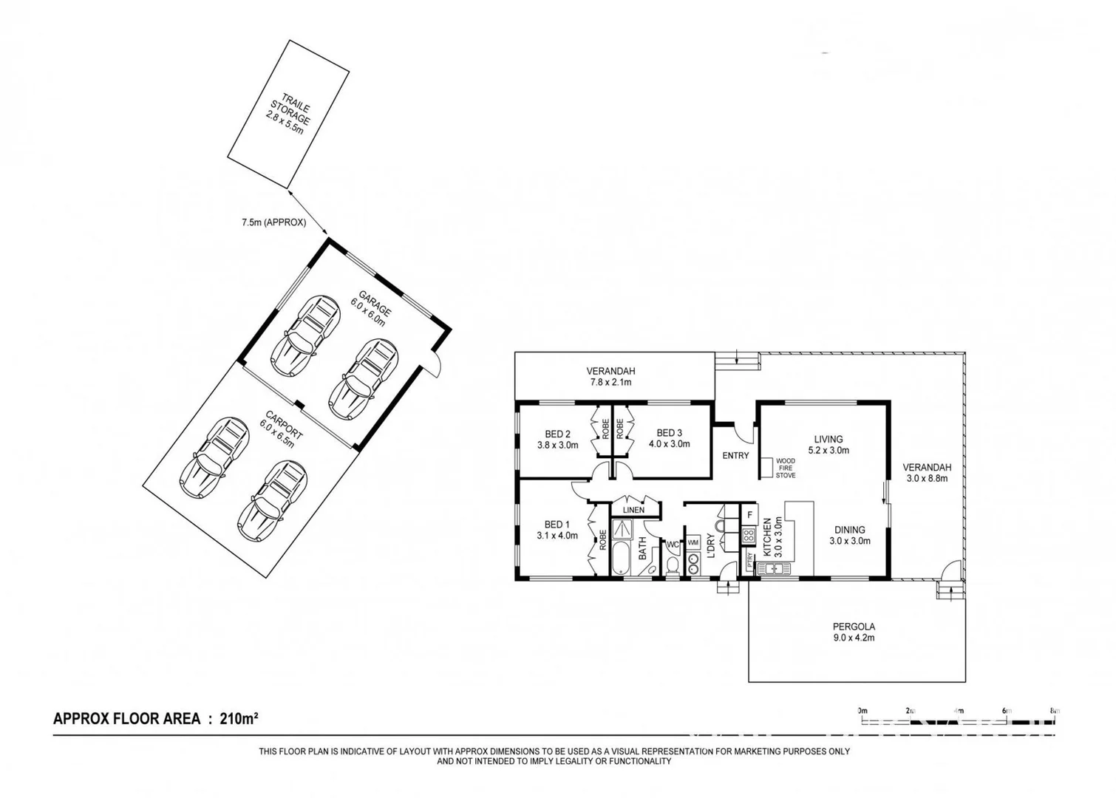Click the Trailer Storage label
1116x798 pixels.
pyautogui.click(x=287, y=115)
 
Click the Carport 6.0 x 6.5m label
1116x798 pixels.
pyautogui.click(x=279, y=429)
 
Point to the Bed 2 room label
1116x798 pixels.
pyautogui.click(x=557, y=439)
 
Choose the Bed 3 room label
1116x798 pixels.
pyautogui.click(x=669, y=438)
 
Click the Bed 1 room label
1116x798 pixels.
pyautogui.click(x=557, y=530)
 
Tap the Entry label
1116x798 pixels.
pyautogui.click(x=735, y=456)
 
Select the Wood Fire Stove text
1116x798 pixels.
pyautogui.click(x=785, y=468)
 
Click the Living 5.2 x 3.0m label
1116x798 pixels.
pyautogui.click(x=829, y=444)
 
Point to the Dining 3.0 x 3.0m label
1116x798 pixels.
pyautogui.click(x=850, y=535)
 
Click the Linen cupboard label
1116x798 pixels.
pyautogui.click(x=633, y=510)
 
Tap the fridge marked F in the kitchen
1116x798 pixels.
pyautogui.click(x=749, y=514)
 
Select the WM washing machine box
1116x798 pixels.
pyautogui.click(x=693, y=542)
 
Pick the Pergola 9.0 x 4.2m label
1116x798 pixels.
pyautogui.click(x=854, y=632)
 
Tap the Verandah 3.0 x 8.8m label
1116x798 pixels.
pyautogui.click(x=927, y=472)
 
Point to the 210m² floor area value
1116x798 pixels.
pyautogui.click(x=238, y=718)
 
